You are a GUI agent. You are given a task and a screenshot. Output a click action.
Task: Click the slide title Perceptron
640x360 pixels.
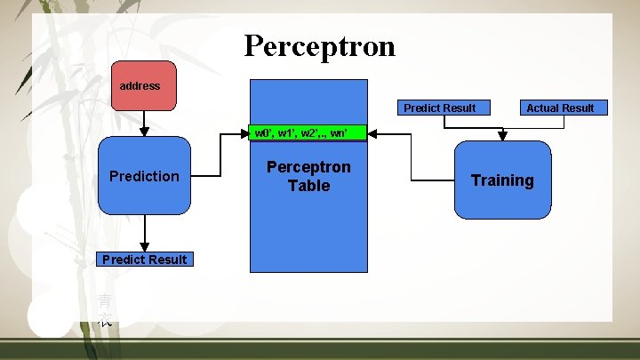[319, 45]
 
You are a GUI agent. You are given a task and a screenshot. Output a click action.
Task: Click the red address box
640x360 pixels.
[143, 85]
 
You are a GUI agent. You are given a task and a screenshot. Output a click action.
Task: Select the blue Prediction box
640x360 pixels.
[144, 176]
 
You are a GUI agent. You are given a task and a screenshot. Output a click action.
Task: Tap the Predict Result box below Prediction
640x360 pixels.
[144, 259]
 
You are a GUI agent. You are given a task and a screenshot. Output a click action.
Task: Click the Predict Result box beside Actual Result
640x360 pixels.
[439, 108]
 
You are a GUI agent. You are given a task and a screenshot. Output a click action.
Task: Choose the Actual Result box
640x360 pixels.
[560, 108]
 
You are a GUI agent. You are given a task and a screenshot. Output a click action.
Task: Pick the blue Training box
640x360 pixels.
[502, 180]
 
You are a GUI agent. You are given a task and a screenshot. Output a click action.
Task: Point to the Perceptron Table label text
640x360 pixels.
[308, 176]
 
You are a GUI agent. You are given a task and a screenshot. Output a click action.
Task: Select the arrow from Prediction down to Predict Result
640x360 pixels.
[144, 233]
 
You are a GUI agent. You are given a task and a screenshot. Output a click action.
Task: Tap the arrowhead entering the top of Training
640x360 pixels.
[502, 136]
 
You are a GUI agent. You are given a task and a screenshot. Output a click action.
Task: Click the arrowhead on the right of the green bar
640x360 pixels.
[372, 133]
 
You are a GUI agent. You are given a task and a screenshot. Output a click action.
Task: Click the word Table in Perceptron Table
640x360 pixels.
[308, 186]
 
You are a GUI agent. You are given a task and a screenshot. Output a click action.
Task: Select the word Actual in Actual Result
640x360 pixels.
[543, 108]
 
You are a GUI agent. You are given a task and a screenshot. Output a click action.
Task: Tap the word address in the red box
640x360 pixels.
[140, 86]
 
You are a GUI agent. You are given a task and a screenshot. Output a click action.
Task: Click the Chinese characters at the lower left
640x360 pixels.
[105, 310]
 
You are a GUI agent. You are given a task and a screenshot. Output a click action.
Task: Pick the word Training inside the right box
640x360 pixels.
[502, 180]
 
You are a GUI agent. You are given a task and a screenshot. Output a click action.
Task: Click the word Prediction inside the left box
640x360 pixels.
[144, 176]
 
